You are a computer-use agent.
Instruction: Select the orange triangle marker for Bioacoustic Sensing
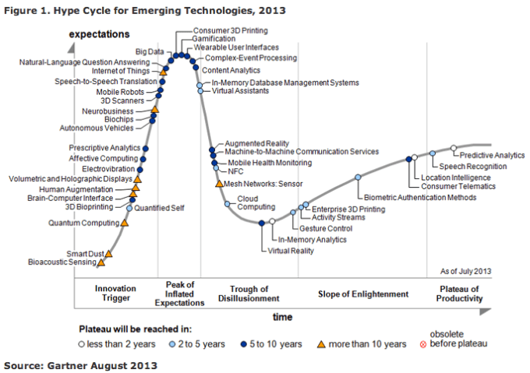pyautogui.click(x=101, y=263)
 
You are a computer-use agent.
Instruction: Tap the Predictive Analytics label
pyautogui.click(x=492, y=156)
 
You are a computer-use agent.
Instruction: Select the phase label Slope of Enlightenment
pyautogui.click(x=363, y=294)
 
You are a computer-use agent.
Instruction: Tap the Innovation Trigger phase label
pyautogui.click(x=115, y=294)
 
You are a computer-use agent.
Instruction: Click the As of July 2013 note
pyautogui.click(x=466, y=270)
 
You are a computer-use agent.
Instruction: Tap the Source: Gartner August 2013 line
pyautogui.click(x=74, y=364)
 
